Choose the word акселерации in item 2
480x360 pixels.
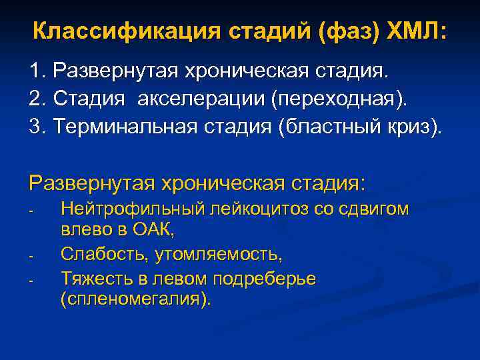(201, 99)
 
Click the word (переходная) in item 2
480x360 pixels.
(338, 99)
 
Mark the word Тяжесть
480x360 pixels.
(92, 277)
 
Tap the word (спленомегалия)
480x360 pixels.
(135, 299)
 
